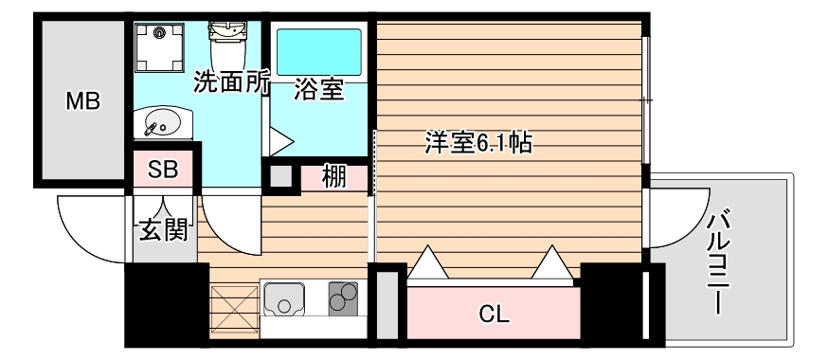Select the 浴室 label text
tap(317, 91)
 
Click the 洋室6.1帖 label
tap(477, 144)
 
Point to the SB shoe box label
tap(163, 171)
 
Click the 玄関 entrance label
tap(163, 229)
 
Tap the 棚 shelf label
tap(333, 176)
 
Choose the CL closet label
tap(493, 314)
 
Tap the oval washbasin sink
tap(162, 122)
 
